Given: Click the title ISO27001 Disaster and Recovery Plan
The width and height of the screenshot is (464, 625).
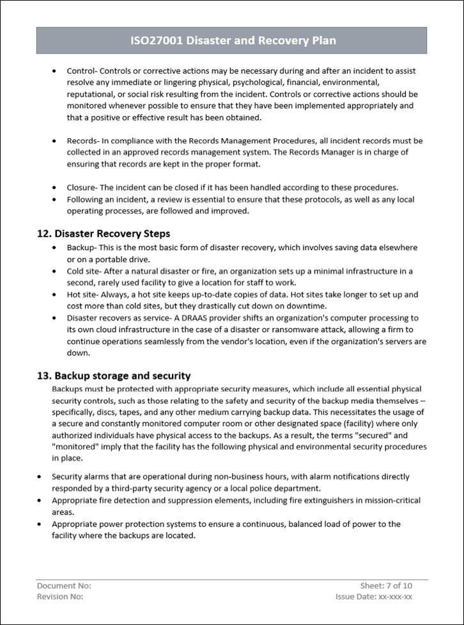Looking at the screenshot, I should click(x=231, y=41).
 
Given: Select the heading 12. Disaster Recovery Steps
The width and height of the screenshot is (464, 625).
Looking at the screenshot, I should click(x=103, y=233).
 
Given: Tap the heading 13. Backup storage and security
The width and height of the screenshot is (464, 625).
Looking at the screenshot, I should click(x=113, y=376).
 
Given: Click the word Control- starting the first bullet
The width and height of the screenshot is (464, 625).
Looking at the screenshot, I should click(x=82, y=70).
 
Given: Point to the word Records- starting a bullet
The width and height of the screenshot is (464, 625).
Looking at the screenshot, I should click(x=83, y=141).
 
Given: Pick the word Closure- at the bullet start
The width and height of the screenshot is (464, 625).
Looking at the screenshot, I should click(x=82, y=187).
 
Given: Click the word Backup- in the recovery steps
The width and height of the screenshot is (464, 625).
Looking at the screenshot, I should click(x=82, y=247).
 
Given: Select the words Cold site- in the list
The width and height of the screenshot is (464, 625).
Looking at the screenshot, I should click(x=84, y=271).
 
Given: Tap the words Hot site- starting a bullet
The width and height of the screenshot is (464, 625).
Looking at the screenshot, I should click(x=83, y=294).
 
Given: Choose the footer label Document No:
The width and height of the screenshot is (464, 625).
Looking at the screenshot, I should click(x=64, y=585).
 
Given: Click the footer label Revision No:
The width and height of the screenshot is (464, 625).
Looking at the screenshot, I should click(x=60, y=596).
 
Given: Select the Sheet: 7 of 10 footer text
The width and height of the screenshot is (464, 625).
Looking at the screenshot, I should click(x=386, y=585).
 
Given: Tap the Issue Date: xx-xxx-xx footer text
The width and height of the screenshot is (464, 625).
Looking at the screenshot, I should click(x=374, y=596).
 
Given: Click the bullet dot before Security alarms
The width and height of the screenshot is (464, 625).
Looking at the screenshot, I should click(x=40, y=477).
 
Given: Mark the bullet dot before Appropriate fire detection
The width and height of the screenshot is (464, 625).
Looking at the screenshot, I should click(x=40, y=500).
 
